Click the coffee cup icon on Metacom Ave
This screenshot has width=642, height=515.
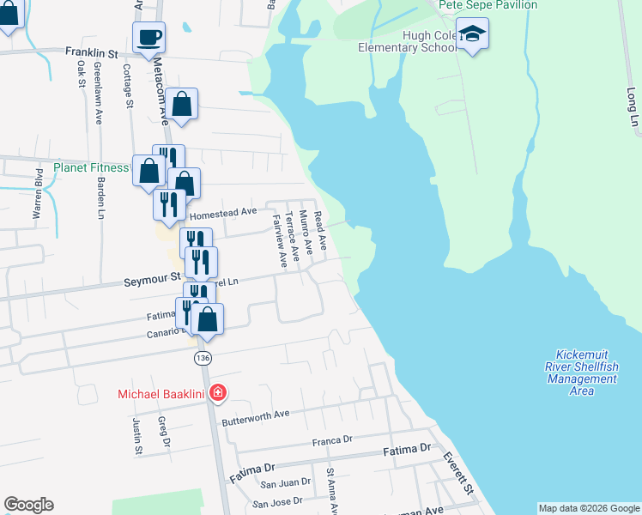[x=148, y=37]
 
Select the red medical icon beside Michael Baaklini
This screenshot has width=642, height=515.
[x=218, y=394]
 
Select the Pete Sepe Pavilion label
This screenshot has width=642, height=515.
[x=488, y=5]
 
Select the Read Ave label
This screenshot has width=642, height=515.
[x=320, y=231]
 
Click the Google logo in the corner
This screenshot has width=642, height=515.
[x=28, y=505]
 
